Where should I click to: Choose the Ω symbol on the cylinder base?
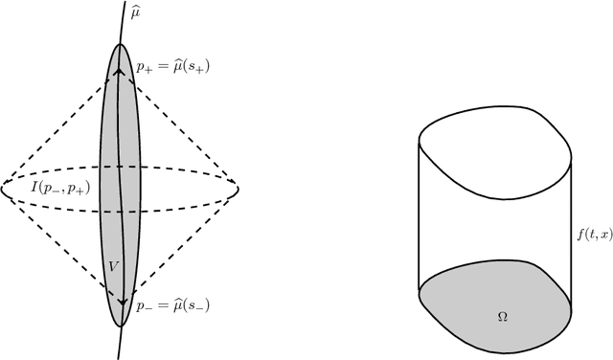click(503, 316)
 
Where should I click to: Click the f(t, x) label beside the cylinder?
click(590, 228)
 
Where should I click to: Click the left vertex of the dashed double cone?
click(3, 182)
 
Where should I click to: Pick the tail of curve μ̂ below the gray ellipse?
click(119, 345)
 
